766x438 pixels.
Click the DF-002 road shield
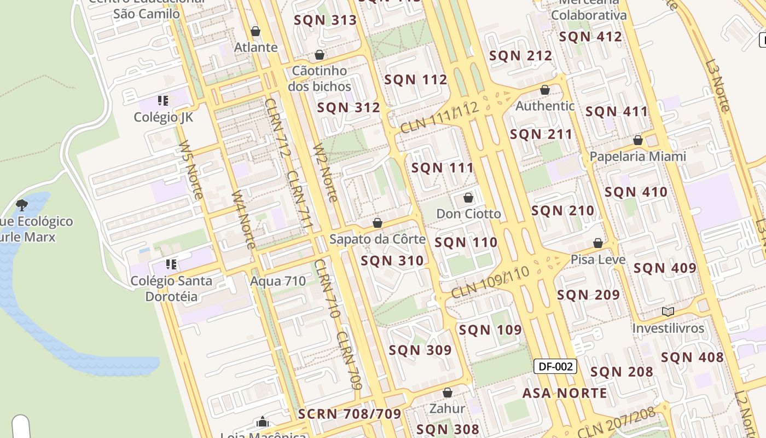[555, 367]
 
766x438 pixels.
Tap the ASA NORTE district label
[565, 393]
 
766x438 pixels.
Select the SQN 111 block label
[442, 168]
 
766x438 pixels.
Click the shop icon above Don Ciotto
[468, 198]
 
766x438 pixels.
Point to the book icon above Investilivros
[668, 312]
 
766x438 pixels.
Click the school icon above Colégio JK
[163, 101]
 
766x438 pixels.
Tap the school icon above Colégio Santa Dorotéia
[171, 265]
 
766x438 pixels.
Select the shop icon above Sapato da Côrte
[377, 223]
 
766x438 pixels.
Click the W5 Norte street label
[191, 170]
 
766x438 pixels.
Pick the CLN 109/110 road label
[490, 283]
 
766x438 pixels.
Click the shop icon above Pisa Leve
[598, 243]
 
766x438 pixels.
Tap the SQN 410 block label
[636, 192]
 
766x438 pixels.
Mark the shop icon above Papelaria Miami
[637, 141]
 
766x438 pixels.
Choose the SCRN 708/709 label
[350, 414]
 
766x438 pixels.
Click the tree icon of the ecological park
[22, 205]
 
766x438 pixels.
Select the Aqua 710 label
[278, 281]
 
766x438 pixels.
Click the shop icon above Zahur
[447, 393]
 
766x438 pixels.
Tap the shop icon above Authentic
[544, 90]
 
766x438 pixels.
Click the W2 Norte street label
[325, 172]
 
